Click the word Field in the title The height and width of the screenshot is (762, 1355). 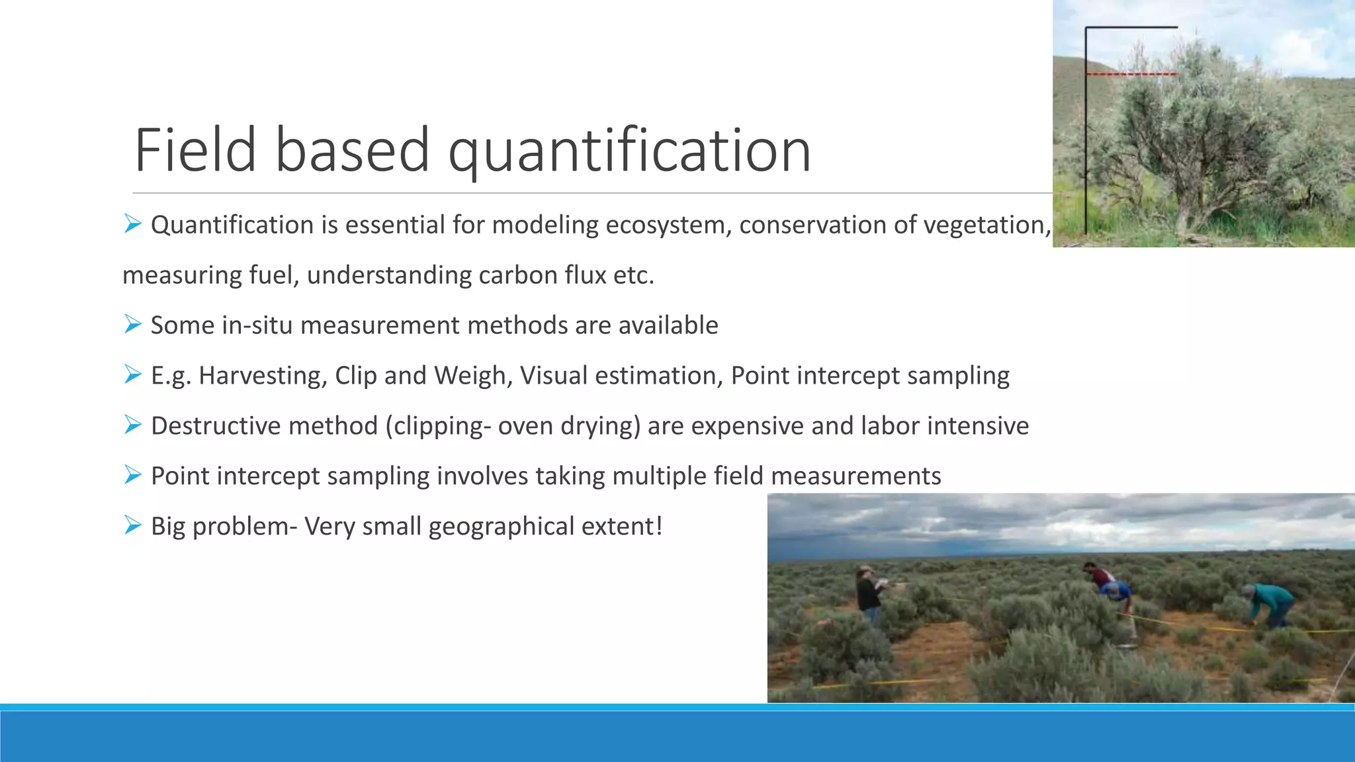pyautogui.click(x=195, y=151)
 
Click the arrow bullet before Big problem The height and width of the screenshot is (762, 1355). pyautogui.click(x=132, y=525)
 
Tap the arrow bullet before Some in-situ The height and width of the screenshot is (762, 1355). pyautogui.click(x=132, y=324)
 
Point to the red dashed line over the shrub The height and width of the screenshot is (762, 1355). pyautogui.click(x=1131, y=74)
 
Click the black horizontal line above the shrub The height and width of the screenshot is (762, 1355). pyautogui.click(x=1131, y=27)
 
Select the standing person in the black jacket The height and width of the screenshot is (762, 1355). pyautogui.click(x=869, y=592)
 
